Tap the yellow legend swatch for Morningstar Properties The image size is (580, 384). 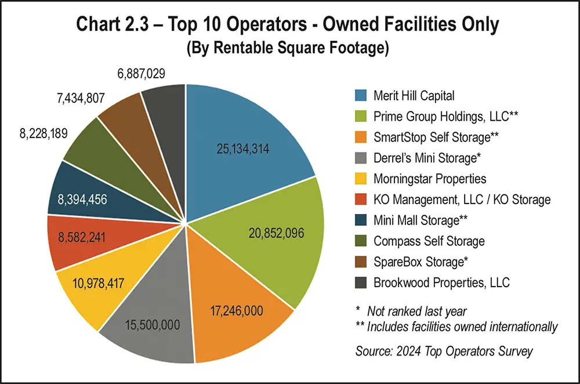point(361,178)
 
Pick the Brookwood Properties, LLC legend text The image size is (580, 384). point(442,282)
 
